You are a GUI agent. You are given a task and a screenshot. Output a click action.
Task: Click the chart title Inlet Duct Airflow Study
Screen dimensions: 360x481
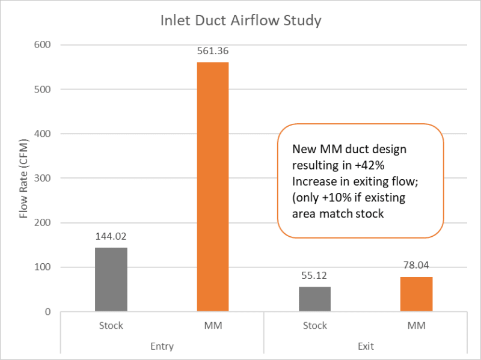pos(240,21)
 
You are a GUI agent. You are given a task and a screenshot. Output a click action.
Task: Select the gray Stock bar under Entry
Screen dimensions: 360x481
pos(111,279)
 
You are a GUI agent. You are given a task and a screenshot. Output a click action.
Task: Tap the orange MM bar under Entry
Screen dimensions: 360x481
pos(213,186)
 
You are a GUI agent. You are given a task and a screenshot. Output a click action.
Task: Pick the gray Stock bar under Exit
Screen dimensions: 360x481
pos(314,299)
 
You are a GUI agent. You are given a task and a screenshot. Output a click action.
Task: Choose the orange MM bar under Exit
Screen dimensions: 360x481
pos(416,294)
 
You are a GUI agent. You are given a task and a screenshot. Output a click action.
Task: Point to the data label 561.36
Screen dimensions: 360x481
pos(213,51)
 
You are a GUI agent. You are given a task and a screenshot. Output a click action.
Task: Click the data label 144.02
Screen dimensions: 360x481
pos(111,237)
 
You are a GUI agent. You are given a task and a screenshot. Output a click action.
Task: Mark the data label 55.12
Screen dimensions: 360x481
pos(314,276)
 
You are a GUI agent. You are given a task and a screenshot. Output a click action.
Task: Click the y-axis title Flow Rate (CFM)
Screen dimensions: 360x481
pos(24,178)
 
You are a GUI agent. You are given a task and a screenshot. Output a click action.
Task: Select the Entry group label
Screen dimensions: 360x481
pos(162,346)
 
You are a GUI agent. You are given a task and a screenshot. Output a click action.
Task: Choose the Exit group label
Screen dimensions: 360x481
pos(365,346)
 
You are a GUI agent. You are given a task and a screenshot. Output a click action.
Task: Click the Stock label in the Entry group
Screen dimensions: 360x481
pos(111,326)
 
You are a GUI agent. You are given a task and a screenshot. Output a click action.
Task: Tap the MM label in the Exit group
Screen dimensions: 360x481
pos(416,326)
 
